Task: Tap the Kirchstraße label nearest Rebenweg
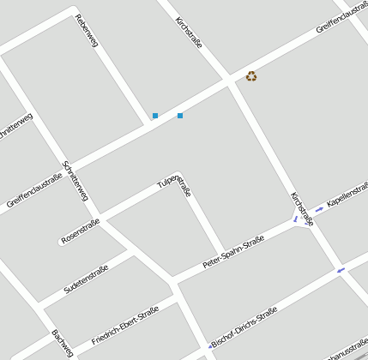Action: [x=189, y=32]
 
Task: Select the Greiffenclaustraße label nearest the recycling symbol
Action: [x=341, y=17]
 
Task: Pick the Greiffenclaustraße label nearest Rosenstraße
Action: [x=34, y=191]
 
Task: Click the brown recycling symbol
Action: [x=251, y=76]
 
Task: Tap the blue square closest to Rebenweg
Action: [x=155, y=116]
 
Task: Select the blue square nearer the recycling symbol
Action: [x=180, y=115]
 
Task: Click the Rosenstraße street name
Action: [x=80, y=230]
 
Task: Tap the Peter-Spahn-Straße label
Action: [x=232, y=253]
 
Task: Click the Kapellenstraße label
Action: [x=347, y=194]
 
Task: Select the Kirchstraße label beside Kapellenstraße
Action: [x=302, y=209]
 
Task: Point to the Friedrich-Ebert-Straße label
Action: [x=125, y=326]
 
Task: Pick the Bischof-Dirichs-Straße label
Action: [x=243, y=327]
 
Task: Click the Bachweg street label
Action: [x=61, y=342]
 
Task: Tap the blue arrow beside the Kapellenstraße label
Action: [x=319, y=208]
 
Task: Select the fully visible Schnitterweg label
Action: [x=75, y=181]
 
